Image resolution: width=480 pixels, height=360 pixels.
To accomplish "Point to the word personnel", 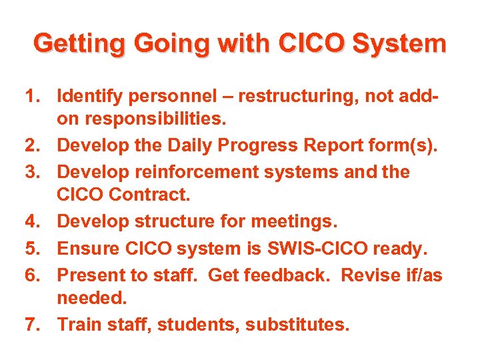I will pyautogui.click(x=176, y=97).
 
